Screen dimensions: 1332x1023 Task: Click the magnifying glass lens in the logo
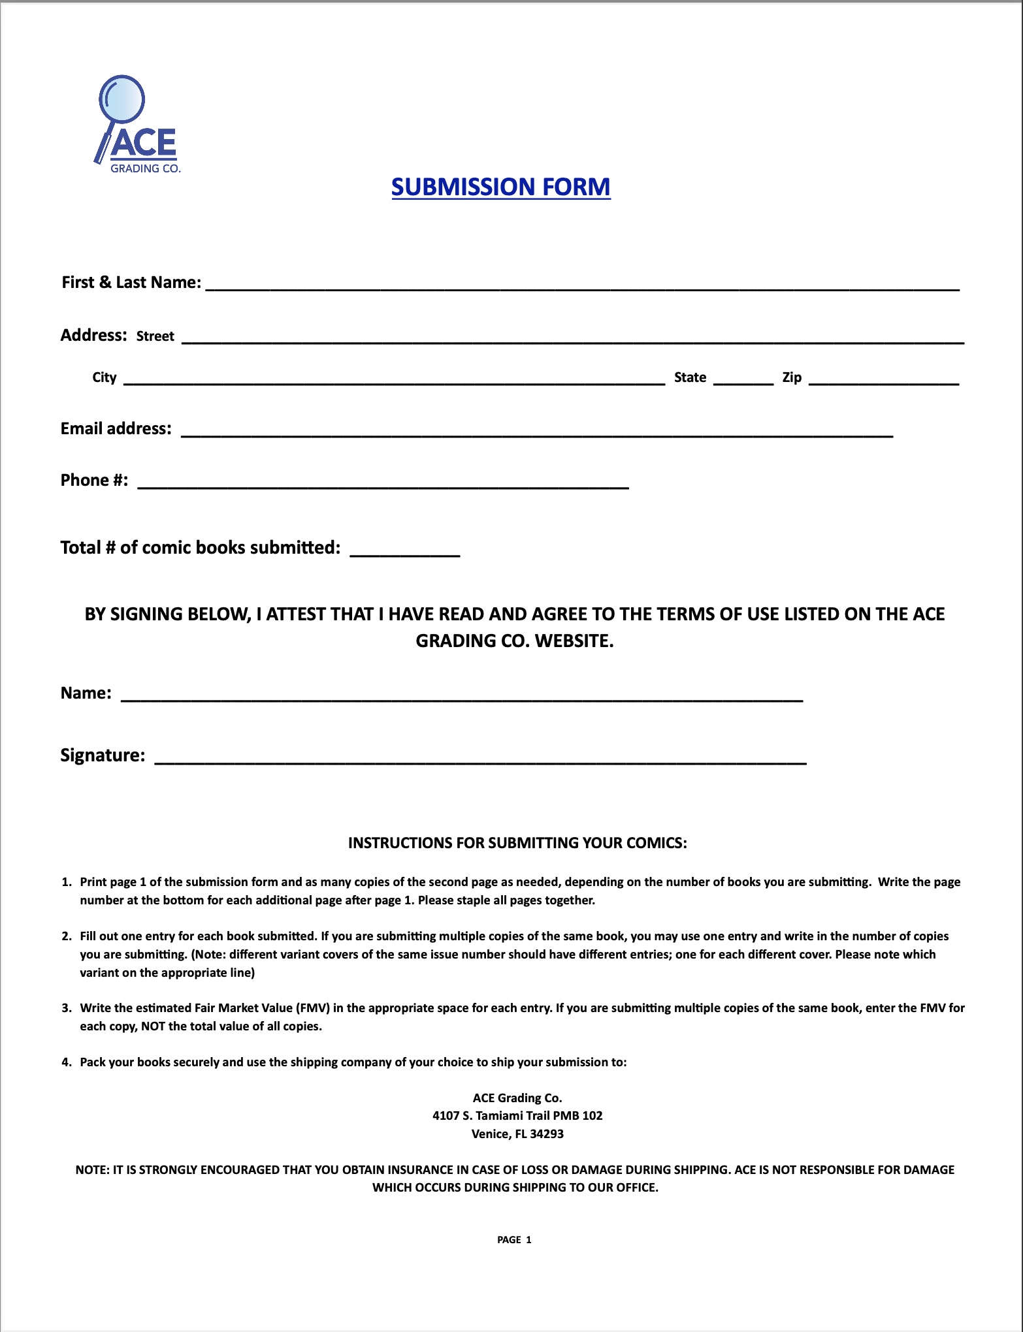[x=123, y=99]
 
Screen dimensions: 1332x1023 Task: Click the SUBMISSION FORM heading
[x=500, y=187]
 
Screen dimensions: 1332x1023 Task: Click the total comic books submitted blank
[x=405, y=550]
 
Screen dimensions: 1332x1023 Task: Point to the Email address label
[x=116, y=429]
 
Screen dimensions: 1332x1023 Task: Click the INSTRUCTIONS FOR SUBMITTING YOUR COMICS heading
[x=517, y=843]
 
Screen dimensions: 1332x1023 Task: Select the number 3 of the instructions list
[x=67, y=1008]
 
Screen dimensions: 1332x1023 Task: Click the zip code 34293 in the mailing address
[x=547, y=1134]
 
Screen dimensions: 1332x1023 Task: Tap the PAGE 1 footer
[x=514, y=1240]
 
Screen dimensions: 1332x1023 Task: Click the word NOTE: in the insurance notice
[x=92, y=1170]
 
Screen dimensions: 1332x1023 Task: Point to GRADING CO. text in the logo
[x=145, y=168]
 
